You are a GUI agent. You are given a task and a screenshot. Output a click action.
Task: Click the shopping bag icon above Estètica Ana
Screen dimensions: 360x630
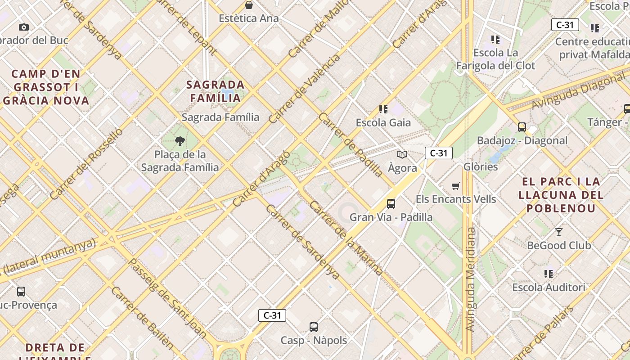tap(249, 5)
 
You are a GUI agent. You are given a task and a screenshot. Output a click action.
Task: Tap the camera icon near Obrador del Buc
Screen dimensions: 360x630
tap(24, 27)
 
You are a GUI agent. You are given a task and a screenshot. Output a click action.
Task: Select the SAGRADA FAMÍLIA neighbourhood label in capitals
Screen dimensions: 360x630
tap(216, 91)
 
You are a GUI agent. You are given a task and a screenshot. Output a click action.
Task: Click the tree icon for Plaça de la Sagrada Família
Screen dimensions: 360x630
tap(180, 141)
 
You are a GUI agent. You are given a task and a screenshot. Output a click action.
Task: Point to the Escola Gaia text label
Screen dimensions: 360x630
tap(383, 122)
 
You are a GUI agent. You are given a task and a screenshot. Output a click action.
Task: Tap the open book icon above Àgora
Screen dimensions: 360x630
tap(402, 155)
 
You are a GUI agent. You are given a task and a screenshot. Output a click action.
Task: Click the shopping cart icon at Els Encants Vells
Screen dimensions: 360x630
tap(456, 186)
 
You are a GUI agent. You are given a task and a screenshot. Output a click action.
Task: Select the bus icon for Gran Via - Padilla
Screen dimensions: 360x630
tap(391, 204)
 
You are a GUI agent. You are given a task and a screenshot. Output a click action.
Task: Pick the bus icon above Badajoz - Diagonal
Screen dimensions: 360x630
tap(522, 127)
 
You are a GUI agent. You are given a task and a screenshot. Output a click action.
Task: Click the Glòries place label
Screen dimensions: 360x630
tap(481, 166)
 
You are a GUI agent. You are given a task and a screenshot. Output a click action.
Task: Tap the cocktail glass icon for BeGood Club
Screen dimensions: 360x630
tap(559, 232)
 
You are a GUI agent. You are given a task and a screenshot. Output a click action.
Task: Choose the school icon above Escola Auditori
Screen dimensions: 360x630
tap(549, 274)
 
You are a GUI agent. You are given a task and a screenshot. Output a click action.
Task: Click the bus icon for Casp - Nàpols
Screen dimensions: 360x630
tap(314, 327)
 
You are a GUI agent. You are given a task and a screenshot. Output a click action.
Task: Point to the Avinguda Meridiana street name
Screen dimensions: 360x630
tap(471, 279)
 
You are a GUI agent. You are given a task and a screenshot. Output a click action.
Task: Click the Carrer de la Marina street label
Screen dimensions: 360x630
tap(346, 238)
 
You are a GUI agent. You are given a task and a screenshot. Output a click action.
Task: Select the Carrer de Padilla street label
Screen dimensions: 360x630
tap(351, 144)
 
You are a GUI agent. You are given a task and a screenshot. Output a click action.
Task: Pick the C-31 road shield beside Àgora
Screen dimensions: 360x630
tap(438, 153)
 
